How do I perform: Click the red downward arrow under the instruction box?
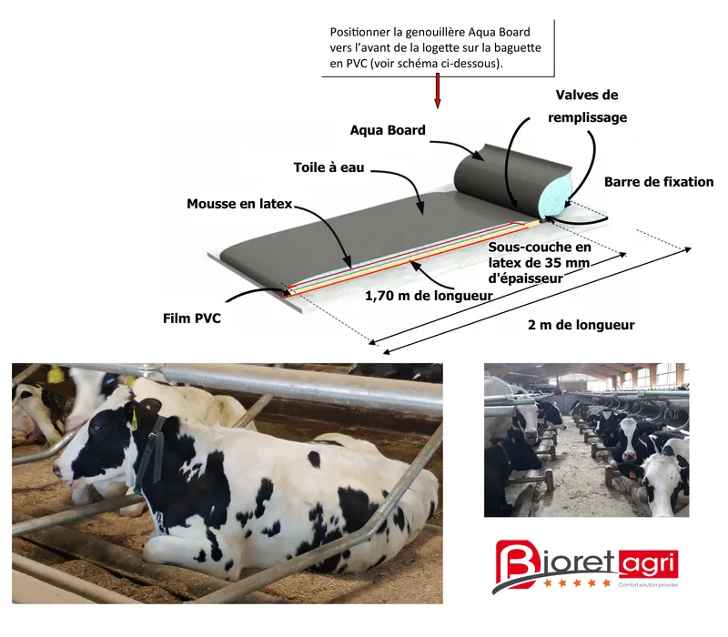point(437,90)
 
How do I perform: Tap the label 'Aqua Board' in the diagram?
point(388,130)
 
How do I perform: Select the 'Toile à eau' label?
point(329,167)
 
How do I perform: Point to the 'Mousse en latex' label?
point(239,204)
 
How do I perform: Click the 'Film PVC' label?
point(192,318)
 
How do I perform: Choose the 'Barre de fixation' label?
point(659,181)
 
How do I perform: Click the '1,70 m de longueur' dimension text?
point(429,296)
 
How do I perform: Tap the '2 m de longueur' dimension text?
point(581,325)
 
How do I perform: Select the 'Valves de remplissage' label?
point(587,106)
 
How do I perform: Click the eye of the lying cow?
point(96,427)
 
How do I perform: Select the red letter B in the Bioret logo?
point(516,562)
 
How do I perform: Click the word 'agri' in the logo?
point(649,563)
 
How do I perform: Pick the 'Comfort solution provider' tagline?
point(648,585)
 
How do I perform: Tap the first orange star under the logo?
point(548,582)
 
